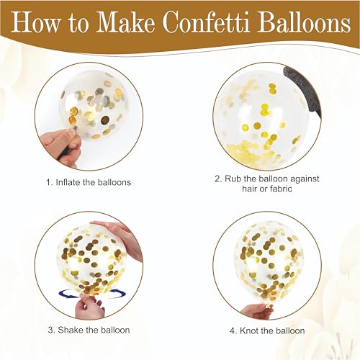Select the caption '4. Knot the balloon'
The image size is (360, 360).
267,330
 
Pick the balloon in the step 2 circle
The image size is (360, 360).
259,119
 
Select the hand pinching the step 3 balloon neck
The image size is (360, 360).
91,306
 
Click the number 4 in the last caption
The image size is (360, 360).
233,330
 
